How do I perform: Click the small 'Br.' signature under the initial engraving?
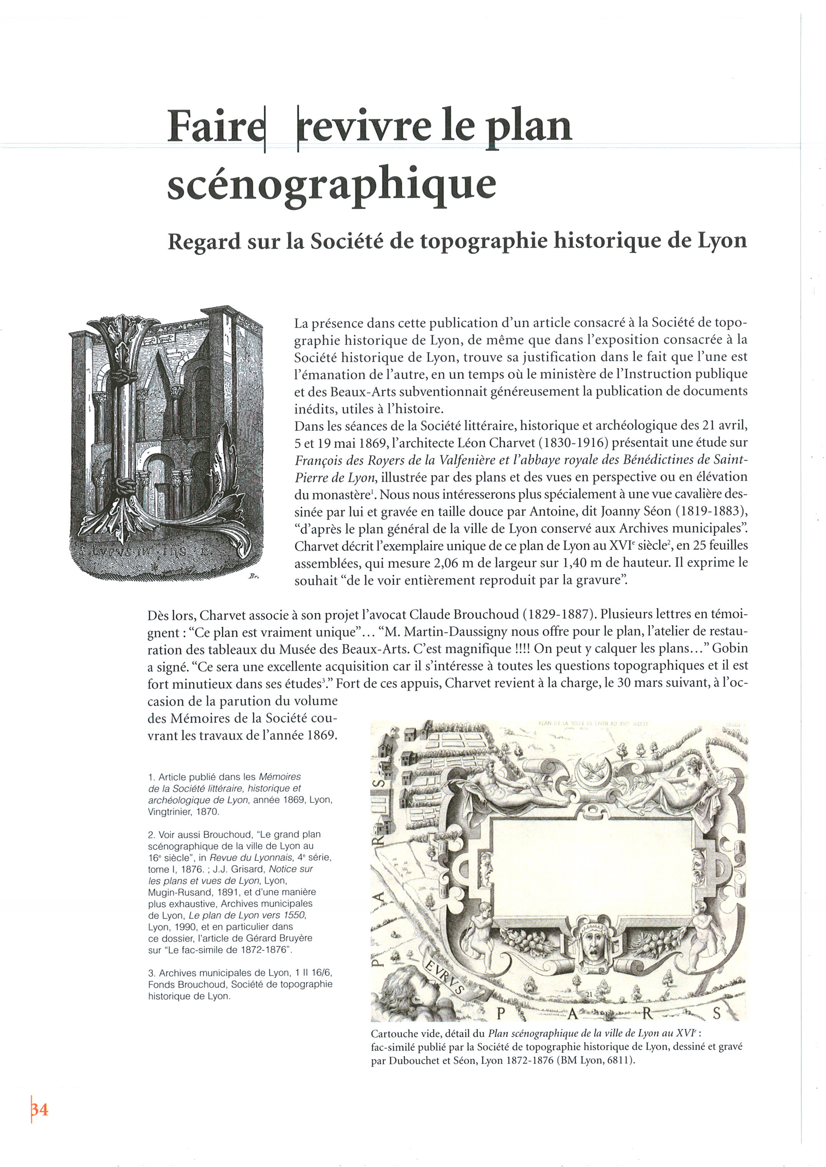click(254, 576)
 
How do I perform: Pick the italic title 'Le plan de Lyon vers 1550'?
click(247, 915)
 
